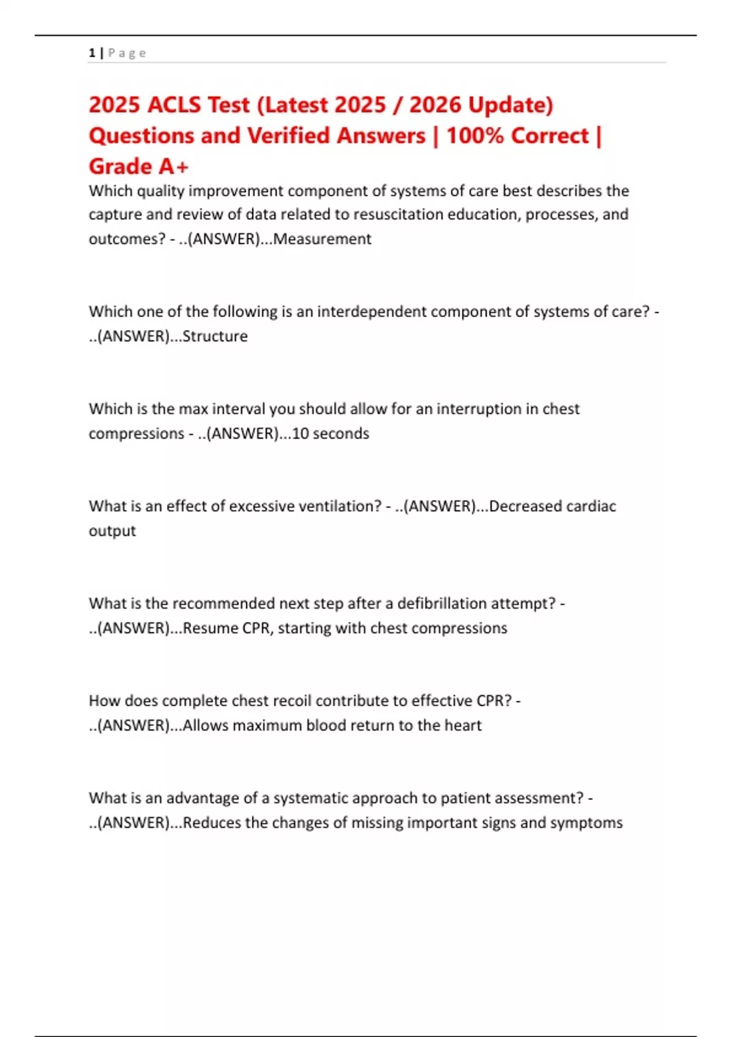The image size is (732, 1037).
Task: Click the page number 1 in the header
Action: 91,53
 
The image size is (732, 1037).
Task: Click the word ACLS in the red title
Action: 174,105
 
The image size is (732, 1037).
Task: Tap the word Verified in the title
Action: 288,135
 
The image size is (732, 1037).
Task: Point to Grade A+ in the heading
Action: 138,166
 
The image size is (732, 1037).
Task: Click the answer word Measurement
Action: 322,239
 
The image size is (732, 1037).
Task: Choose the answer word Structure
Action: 215,336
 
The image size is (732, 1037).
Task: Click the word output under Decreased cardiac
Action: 112,531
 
